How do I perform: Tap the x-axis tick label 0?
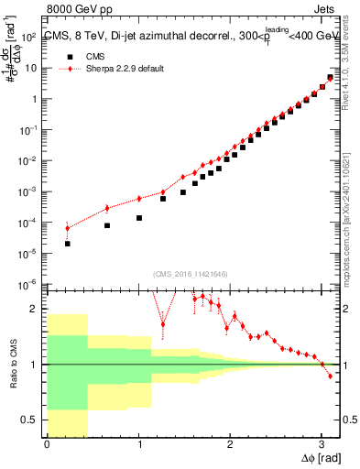(x=47, y=446)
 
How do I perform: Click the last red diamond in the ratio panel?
(x=330, y=376)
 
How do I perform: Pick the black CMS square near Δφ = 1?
(x=139, y=218)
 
